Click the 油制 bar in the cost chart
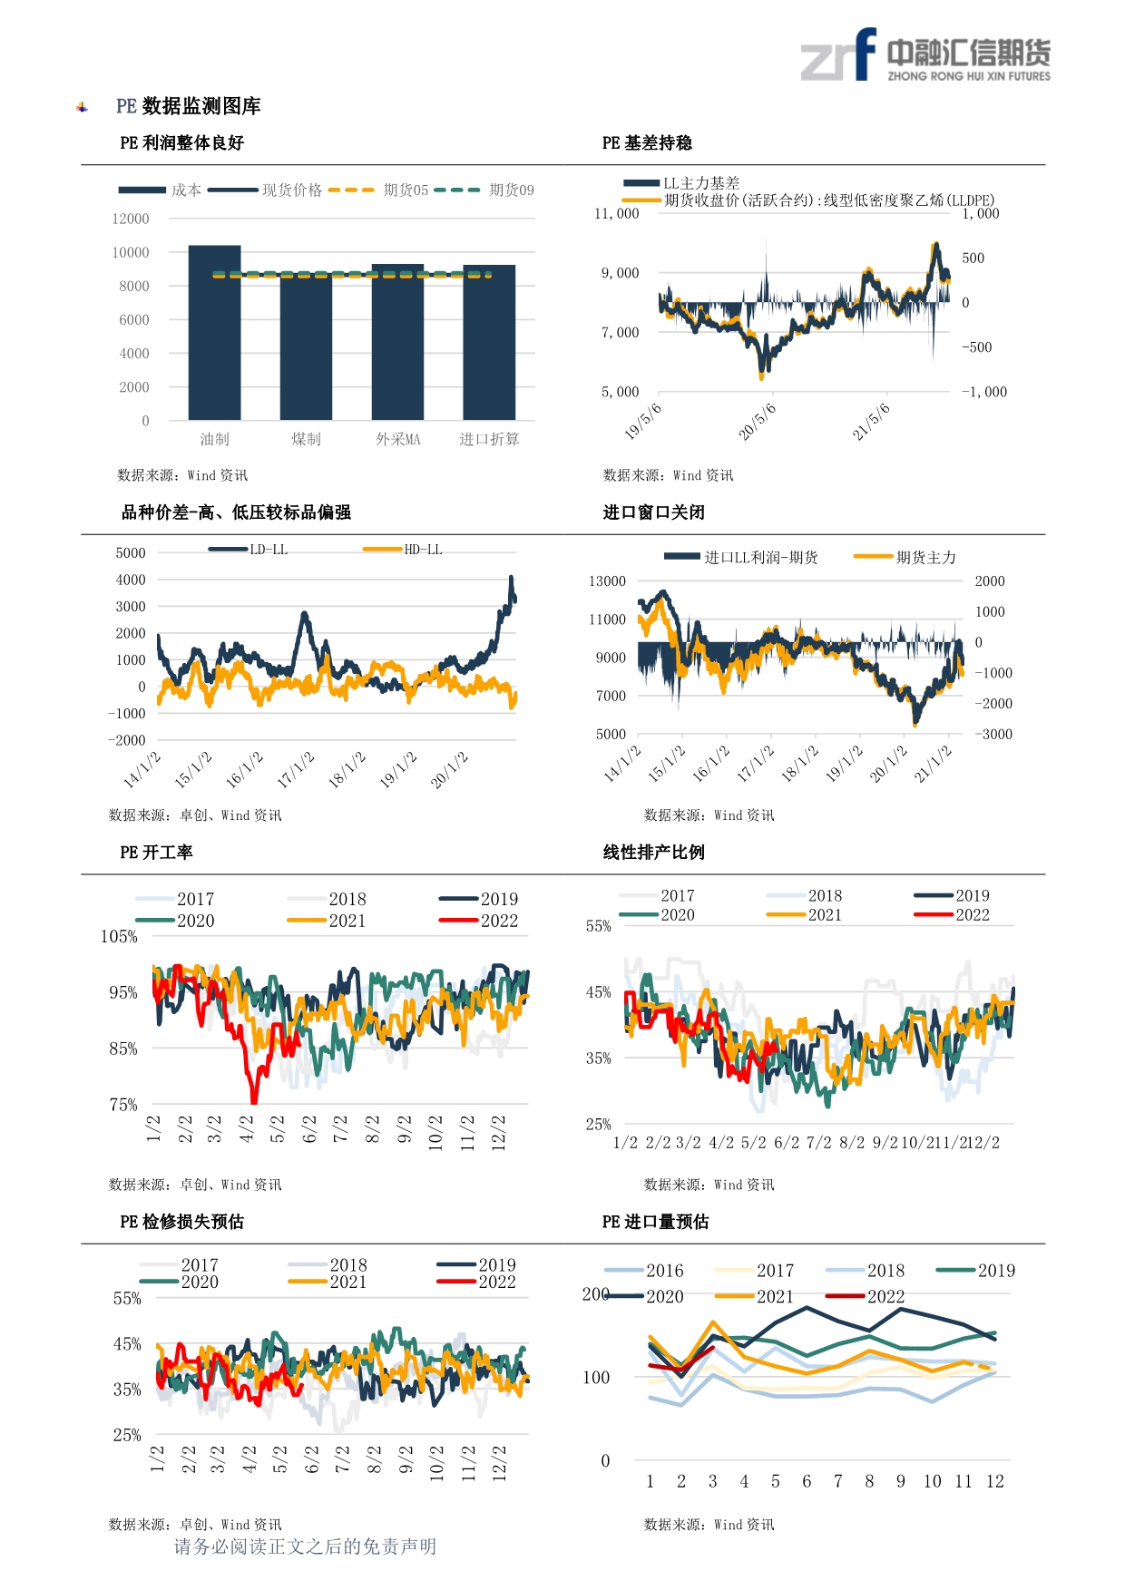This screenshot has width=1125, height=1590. (x=214, y=332)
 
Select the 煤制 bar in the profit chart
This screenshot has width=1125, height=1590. (x=306, y=346)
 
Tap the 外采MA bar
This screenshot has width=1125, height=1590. (x=397, y=342)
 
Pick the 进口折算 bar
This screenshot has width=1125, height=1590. (x=489, y=342)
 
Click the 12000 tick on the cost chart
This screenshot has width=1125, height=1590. (x=131, y=219)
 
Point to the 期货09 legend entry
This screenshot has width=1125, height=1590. (x=484, y=190)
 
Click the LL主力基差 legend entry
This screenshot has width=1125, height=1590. (x=681, y=183)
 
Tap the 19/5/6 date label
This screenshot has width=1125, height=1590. (x=643, y=421)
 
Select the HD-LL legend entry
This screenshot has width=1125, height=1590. (x=402, y=550)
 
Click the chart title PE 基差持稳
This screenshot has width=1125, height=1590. (x=647, y=143)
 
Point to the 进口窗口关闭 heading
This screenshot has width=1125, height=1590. (x=653, y=512)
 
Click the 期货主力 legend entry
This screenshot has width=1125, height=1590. (x=905, y=557)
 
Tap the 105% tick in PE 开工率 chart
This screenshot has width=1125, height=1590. (x=119, y=937)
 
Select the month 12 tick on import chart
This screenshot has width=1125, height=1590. (x=995, y=1481)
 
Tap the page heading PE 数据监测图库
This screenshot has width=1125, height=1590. (x=189, y=106)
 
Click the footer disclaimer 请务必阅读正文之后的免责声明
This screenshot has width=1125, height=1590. (x=305, y=1546)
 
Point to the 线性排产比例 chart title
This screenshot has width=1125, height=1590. (x=653, y=853)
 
